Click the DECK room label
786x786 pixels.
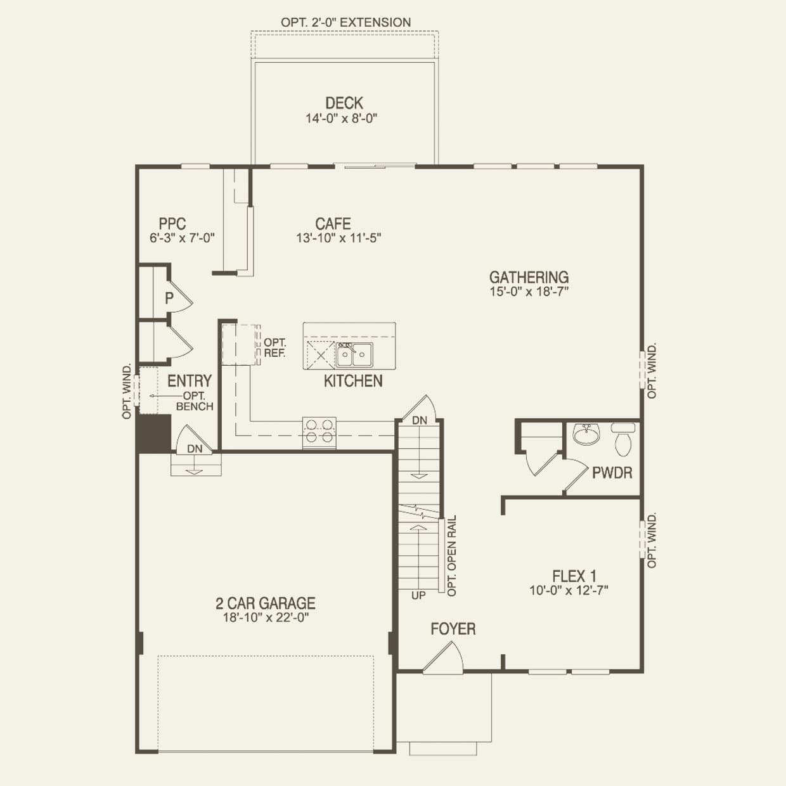tap(344, 103)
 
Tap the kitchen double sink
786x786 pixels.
tap(354, 354)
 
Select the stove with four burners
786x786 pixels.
tap(319, 431)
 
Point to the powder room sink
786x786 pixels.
tap(586, 435)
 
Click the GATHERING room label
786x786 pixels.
tap(529, 277)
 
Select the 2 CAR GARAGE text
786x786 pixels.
tap(265, 603)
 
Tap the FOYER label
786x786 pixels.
tap(453, 629)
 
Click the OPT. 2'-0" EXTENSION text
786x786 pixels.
tap(345, 22)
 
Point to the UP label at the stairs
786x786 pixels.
tap(418, 596)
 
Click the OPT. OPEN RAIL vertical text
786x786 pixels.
tap(452, 555)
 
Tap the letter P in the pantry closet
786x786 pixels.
tap(169, 298)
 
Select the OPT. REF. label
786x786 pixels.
tap(274, 348)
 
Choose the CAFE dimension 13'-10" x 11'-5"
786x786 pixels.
tap(338, 238)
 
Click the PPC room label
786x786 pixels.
tap(172, 224)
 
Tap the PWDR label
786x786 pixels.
tap(612, 472)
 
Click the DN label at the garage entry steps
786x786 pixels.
tap(195, 449)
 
